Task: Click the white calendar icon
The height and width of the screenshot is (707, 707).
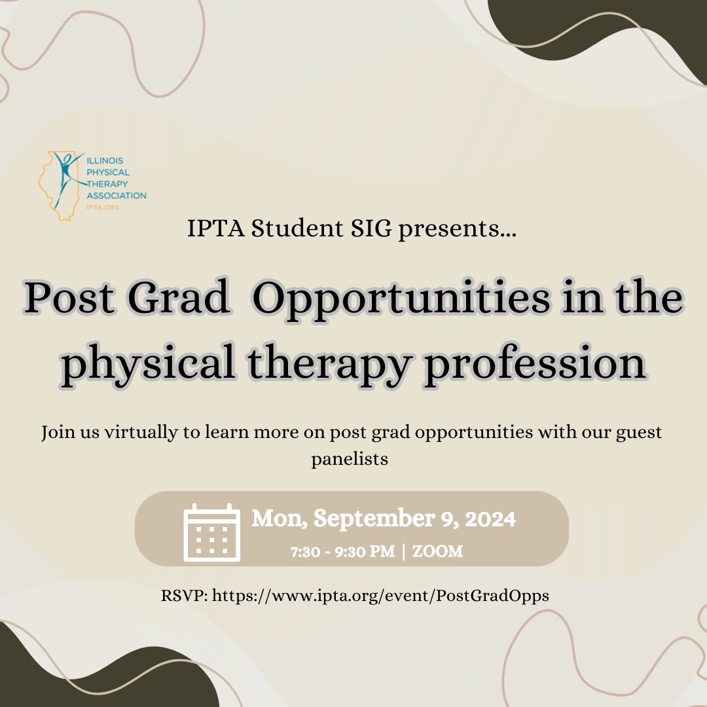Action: tap(211, 533)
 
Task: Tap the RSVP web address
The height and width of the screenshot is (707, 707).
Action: tap(381, 596)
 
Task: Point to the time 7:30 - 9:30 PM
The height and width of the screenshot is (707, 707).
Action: tap(342, 552)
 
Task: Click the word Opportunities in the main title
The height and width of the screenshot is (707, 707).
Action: tap(401, 300)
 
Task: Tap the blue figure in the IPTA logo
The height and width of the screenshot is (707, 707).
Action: tap(65, 173)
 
